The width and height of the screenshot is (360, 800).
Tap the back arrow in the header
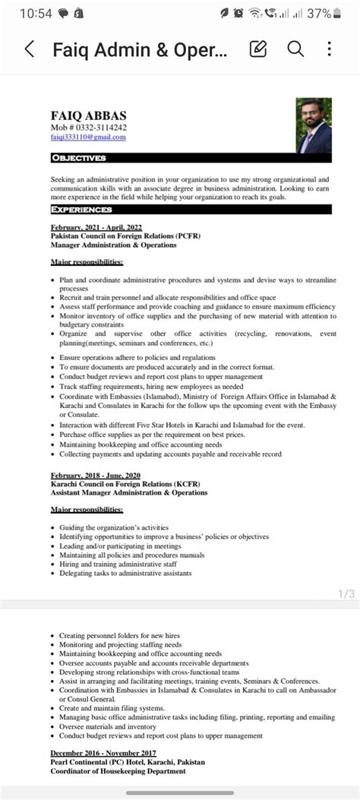pos(30,50)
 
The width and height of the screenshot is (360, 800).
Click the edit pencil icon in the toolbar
pos(258,50)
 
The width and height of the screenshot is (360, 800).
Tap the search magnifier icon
pos(295,50)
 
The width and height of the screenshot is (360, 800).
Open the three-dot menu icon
pos(329,50)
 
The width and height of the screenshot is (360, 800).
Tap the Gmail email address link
pos(88,138)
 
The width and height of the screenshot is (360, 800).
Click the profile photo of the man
pos(314,125)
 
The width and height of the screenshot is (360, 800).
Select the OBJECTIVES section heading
pos(79,158)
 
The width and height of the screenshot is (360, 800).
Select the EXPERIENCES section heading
pos(82,209)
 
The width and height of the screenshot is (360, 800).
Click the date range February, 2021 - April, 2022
pos(96,227)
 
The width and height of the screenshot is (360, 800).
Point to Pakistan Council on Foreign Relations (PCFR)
pos(125,236)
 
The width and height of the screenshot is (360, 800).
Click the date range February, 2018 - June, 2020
pos(96,474)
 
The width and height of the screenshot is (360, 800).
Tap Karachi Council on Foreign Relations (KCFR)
pos(122,483)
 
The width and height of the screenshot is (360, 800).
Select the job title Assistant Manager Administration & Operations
pos(129,492)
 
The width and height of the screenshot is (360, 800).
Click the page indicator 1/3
pos(346,593)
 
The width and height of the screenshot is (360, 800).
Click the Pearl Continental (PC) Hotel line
pos(128,761)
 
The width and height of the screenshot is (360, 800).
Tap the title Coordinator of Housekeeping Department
pos(118,771)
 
